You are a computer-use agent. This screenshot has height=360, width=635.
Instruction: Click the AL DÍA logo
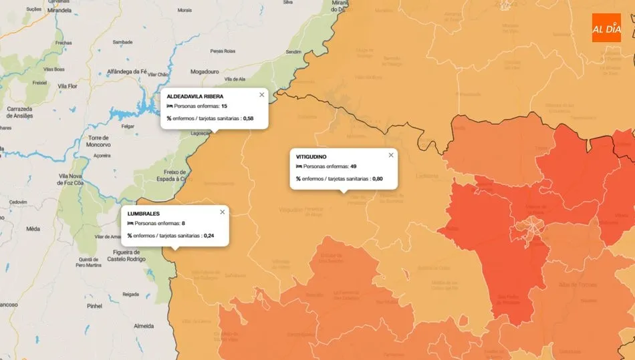(606, 28)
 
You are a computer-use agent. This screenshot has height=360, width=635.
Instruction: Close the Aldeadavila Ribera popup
(261, 95)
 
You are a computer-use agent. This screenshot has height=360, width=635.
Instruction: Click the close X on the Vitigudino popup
(391, 155)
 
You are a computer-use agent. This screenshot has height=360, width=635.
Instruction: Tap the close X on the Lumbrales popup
(222, 212)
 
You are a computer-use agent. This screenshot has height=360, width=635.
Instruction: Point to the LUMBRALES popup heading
(143, 213)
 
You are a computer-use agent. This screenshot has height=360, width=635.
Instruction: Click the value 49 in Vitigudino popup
(353, 166)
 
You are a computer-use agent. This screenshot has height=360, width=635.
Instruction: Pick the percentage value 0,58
(248, 118)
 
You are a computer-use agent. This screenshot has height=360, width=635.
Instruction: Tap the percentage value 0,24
(209, 235)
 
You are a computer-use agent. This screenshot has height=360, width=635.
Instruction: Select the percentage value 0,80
(377, 178)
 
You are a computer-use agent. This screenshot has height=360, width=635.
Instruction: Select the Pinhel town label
(94, 306)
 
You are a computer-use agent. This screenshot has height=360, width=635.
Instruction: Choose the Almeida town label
(144, 326)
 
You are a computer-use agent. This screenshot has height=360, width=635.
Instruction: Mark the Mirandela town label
(59, 11)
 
